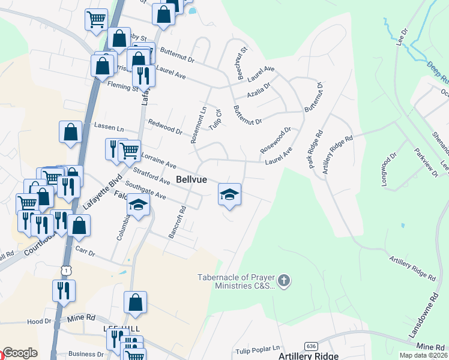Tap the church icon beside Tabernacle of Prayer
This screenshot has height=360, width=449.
285,280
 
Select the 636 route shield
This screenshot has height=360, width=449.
310,346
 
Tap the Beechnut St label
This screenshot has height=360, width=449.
241,64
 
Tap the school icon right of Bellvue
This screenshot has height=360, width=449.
229,194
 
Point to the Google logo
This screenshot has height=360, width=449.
20,353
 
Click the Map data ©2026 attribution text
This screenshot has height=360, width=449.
423,355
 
